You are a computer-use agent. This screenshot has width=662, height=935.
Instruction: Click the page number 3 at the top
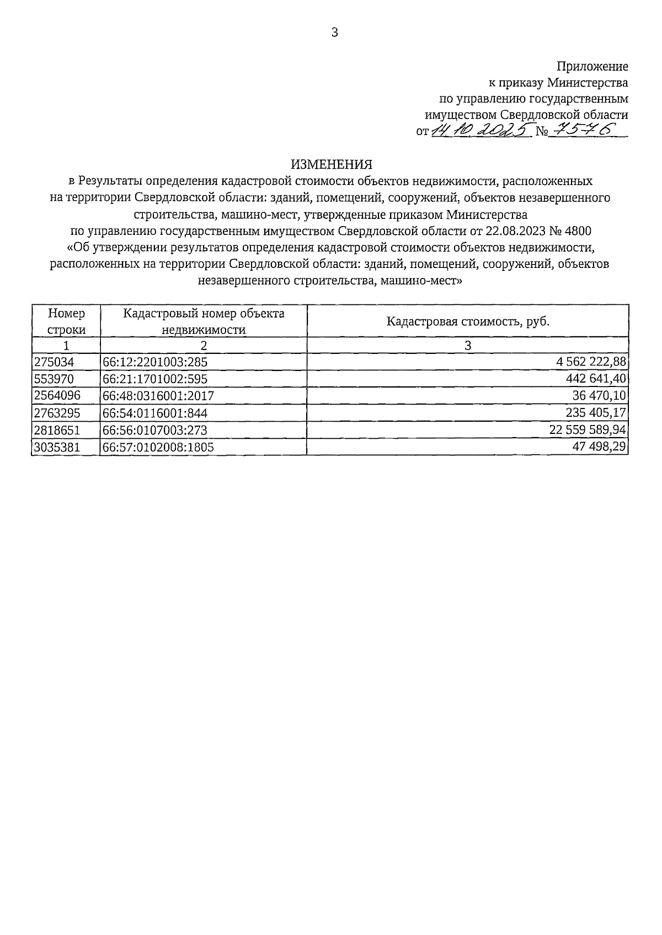(x=334, y=33)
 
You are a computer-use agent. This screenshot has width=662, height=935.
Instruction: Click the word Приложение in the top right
(x=592, y=67)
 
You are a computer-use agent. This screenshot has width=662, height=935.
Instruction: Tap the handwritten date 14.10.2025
(x=480, y=130)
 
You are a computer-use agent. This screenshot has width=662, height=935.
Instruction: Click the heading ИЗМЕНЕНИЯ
(x=332, y=164)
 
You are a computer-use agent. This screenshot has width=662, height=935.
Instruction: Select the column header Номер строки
(x=66, y=321)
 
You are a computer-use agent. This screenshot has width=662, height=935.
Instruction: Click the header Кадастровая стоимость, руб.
(x=468, y=321)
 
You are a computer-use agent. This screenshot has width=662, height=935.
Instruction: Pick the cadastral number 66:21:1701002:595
(x=155, y=379)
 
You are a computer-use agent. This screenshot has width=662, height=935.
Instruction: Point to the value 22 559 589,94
(x=588, y=429)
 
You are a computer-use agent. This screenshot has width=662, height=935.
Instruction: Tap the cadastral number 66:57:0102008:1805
(x=158, y=447)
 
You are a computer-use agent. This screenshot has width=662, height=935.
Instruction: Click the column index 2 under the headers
(x=204, y=346)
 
